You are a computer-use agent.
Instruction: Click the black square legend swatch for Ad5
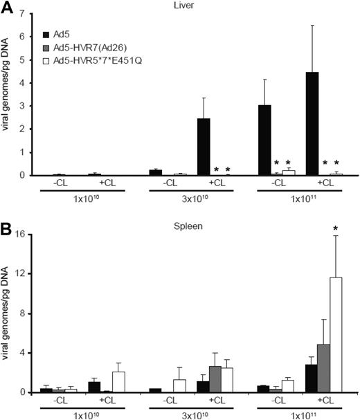pyautogui.click(x=46, y=34)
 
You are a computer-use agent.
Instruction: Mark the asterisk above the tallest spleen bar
pyautogui.click(x=336, y=228)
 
